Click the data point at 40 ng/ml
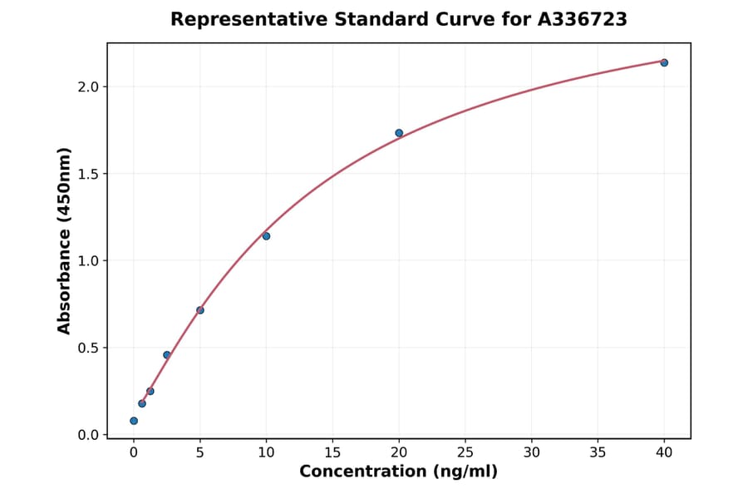[664, 62]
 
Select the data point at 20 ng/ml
[399, 133]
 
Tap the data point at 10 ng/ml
[266, 236]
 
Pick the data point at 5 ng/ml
[200, 310]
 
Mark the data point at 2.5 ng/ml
[167, 355]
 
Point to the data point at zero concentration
[134, 421]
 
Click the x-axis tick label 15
[332, 452]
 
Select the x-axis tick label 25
[465, 452]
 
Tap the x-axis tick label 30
[532, 452]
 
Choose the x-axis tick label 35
[598, 452]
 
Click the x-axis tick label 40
[664, 452]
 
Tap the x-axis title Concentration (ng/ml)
[399, 472]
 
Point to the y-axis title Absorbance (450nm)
[65, 240]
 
